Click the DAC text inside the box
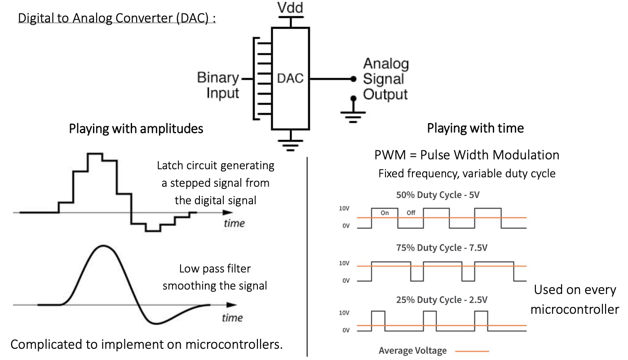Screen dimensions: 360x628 (x=290, y=79)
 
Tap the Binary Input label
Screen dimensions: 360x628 (x=217, y=85)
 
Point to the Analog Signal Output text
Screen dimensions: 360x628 (x=385, y=79)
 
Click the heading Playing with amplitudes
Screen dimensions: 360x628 (x=136, y=129)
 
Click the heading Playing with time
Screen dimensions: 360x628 (x=475, y=128)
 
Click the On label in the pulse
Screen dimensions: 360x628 (x=385, y=213)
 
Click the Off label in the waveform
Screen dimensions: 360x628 (x=411, y=213)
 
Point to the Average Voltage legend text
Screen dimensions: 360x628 (x=412, y=351)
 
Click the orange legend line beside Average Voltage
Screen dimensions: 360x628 (x=472, y=351)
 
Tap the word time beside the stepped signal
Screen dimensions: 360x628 (x=234, y=224)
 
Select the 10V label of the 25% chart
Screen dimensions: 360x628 (x=345, y=313)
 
